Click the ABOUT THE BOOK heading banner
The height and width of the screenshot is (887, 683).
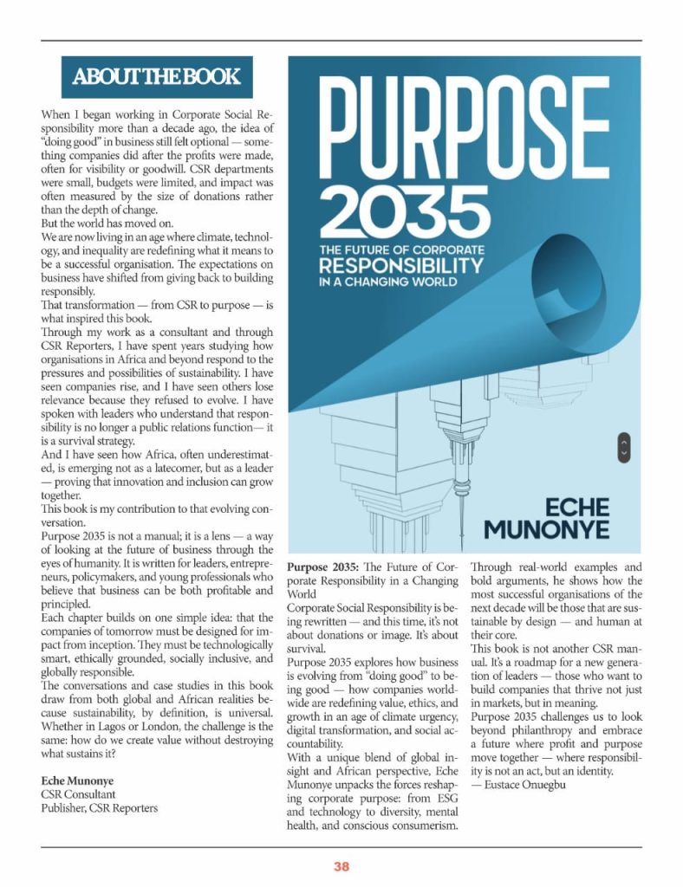(x=157, y=77)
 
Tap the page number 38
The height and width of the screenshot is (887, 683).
(x=341, y=865)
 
